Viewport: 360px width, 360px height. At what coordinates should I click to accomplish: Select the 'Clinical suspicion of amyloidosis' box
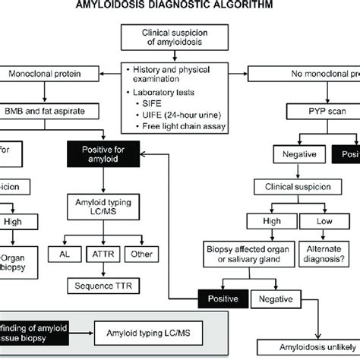(x=179, y=39)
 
